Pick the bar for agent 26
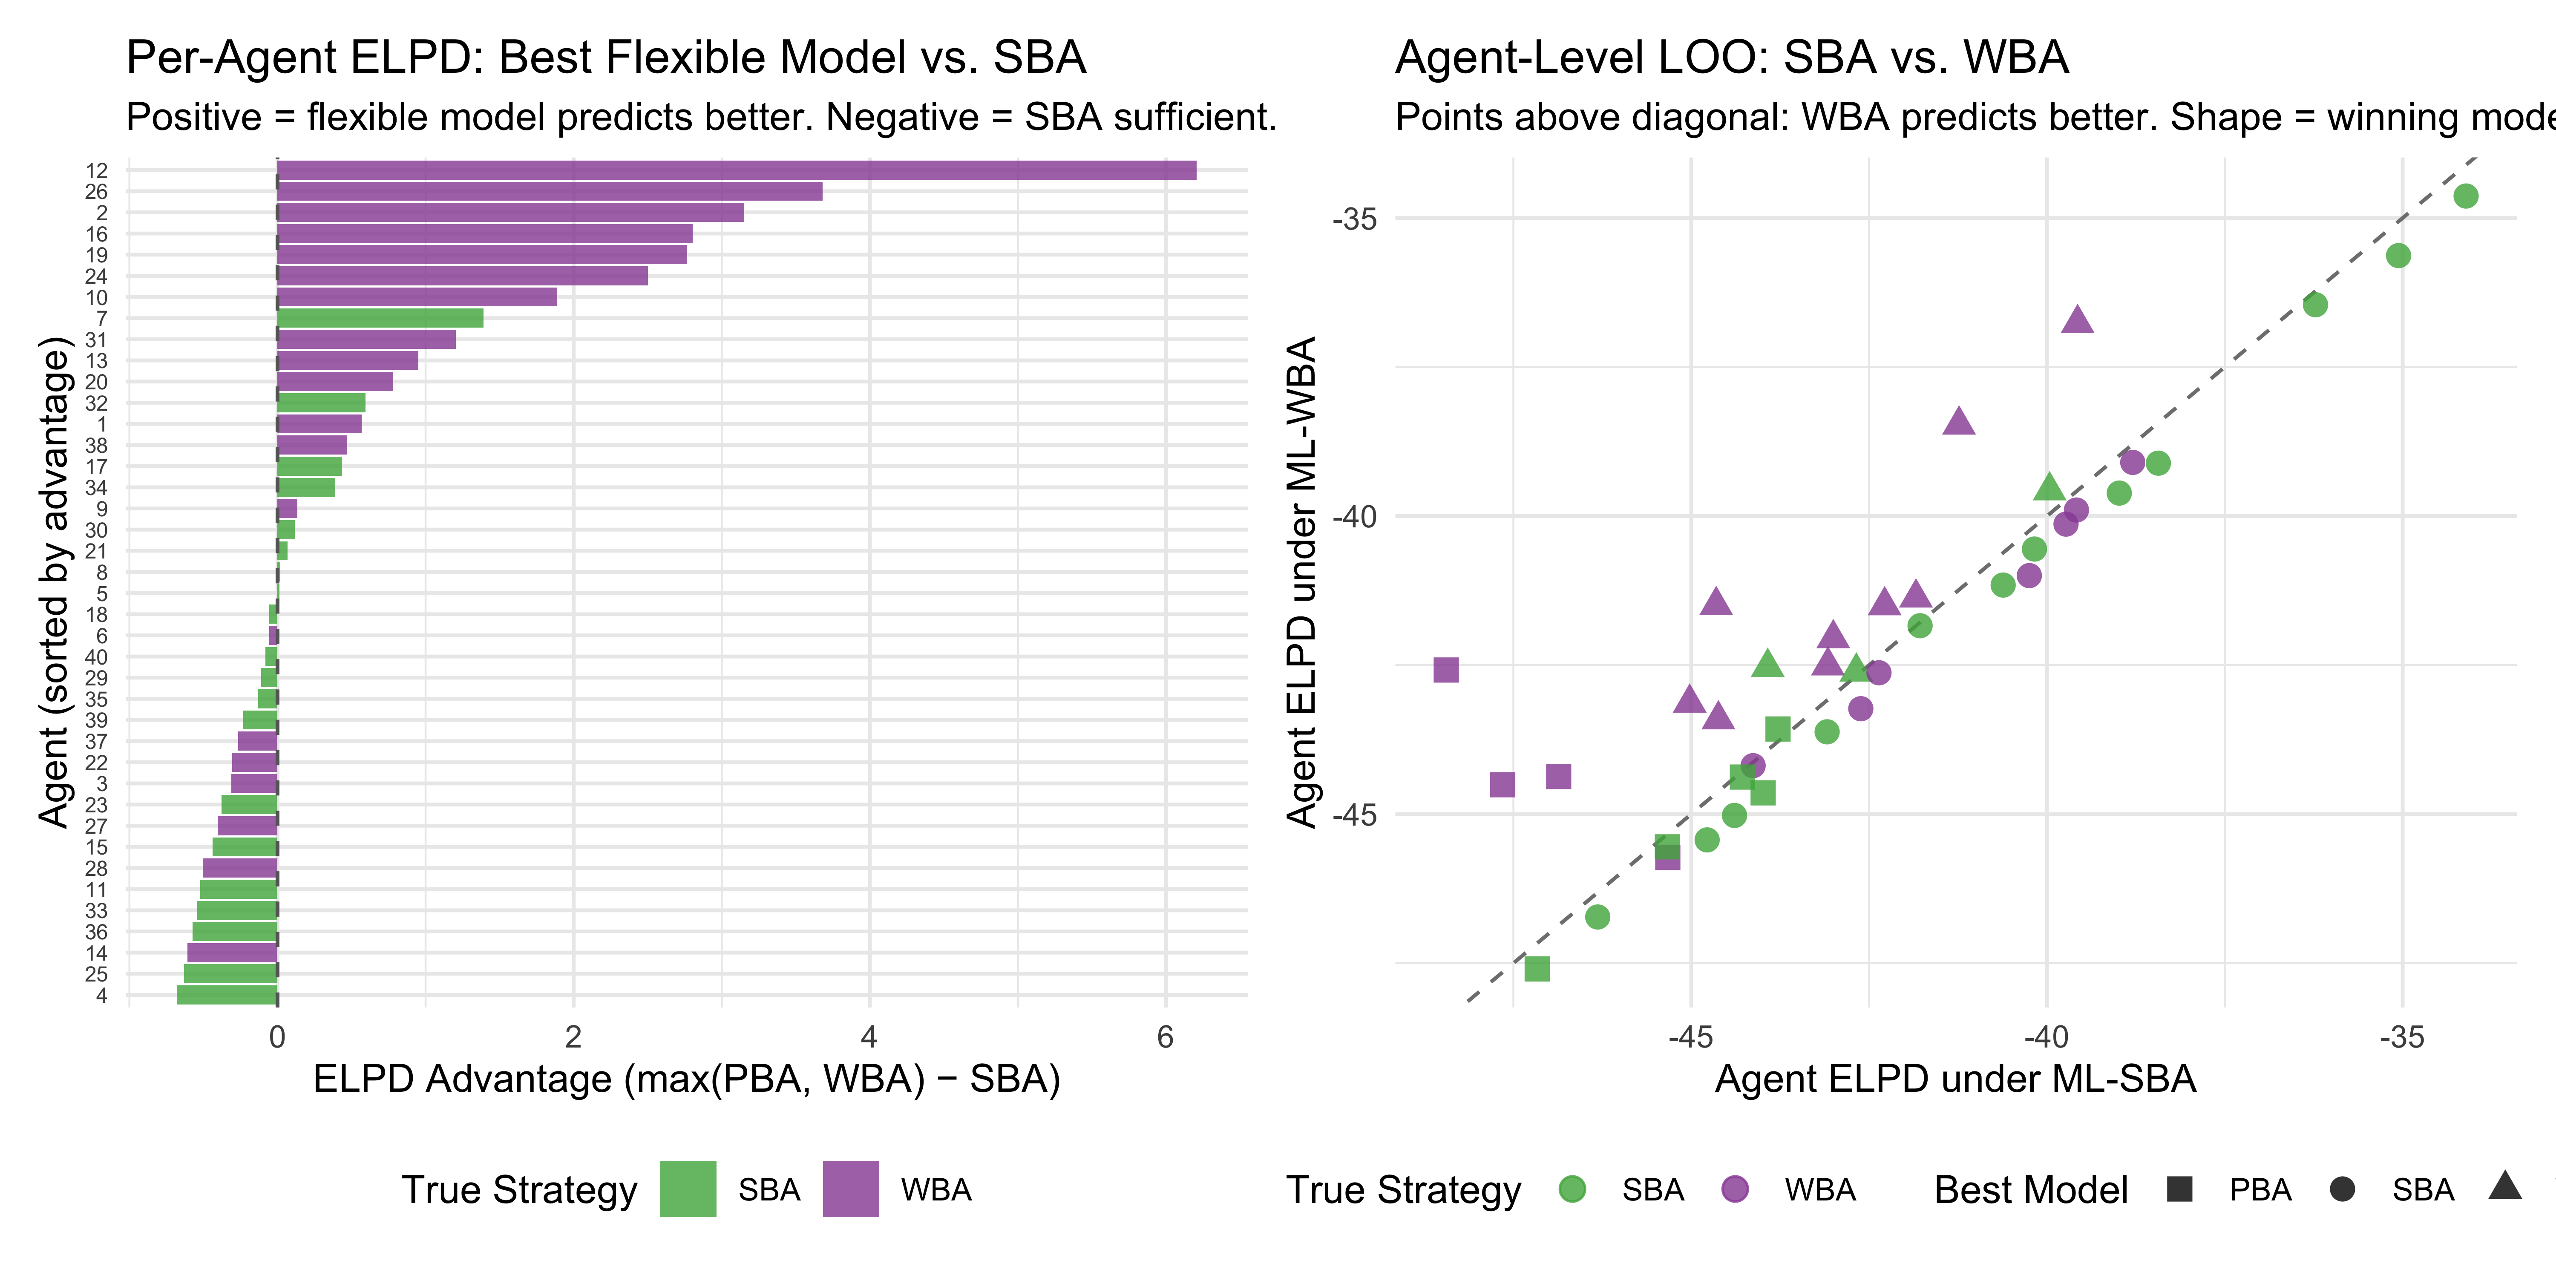[550, 192]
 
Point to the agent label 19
[96, 255]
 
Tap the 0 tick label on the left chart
[277, 1038]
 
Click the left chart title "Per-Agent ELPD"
[605, 58]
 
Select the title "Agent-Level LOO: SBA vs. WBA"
[1731, 58]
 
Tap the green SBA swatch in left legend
[688, 1189]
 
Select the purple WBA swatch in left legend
[850, 1189]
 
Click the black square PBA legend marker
[2179, 1189]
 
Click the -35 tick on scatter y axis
[1354, 219]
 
